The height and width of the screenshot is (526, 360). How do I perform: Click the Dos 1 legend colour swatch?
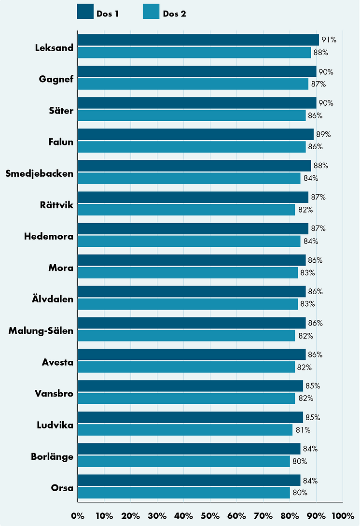click(85, 12)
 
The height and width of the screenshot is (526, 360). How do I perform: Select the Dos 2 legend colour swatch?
click(151, 12)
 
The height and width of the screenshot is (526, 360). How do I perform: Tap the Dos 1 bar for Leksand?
click(198, 40)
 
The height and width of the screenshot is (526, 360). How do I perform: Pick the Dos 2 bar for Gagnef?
click(193, 84)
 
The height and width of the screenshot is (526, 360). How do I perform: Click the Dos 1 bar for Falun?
click(195, 134)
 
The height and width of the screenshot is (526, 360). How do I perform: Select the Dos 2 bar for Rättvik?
click(186, 210)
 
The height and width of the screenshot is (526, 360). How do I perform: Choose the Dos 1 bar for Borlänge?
click(189, 449)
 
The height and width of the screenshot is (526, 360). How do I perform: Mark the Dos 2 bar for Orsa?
click(183, 493)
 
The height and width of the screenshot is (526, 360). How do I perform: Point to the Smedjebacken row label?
click(40, 173)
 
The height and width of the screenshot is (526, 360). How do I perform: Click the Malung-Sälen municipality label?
click(41, 331)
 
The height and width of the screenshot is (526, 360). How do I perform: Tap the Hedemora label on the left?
click(49, 237)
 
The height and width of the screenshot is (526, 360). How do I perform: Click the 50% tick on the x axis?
click(210, 516)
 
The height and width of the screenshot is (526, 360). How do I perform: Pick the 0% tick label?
click(77, 516)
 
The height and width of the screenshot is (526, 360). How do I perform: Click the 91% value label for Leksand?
click(329, 40)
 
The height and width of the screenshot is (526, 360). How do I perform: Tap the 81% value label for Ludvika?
click(303, 430)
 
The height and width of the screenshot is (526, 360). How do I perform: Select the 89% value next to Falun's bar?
click(323, 134)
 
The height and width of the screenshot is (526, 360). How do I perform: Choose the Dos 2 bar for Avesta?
click(186, 367)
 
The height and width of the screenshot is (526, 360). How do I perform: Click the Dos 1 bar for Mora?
click(192, 260)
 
